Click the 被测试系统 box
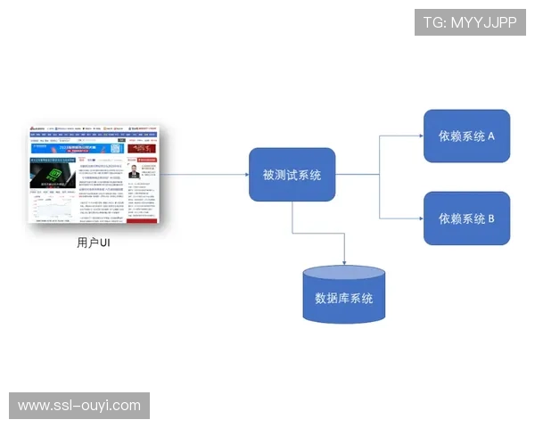[x=292, y=175]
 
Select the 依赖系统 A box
[x=466, y=136]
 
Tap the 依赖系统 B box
[x=466, y=218]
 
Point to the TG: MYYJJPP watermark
[x=470, y=21]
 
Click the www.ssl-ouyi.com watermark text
[x=79, y=406]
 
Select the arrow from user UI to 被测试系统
[x=205, y=175]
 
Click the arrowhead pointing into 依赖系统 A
[x=420, y=136]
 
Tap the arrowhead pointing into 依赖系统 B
[x=420, y=218]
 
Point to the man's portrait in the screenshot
[x=134, y=170]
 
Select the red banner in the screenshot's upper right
[x=144, y=149]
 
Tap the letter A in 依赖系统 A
[x=490, y=136]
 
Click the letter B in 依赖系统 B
[x=490, y=218]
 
